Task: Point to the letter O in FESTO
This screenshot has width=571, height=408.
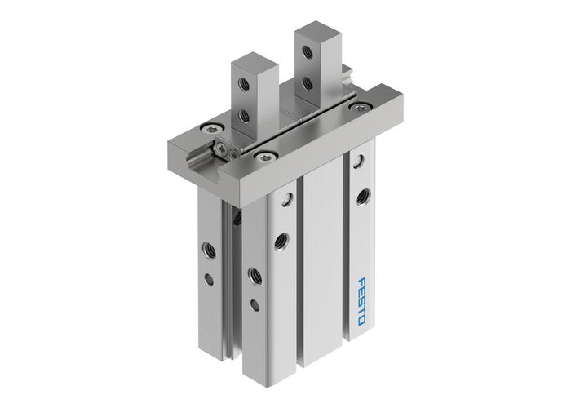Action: coord(361,319)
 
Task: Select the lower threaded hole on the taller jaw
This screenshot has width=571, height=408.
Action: coord(306,82)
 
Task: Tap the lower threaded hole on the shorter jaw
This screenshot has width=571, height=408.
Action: coord(244,116)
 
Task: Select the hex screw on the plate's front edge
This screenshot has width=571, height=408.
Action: coord(266,153)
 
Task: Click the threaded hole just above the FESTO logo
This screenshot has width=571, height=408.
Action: coord(362,196)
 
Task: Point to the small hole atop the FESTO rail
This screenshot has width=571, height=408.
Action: coord(356,162)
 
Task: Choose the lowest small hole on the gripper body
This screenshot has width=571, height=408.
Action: coord(255,304)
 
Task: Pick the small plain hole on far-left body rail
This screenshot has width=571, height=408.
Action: coord(209,279)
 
